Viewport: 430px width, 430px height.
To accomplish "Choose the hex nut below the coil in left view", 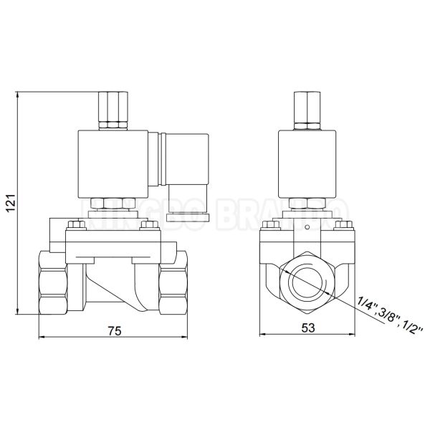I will [x=113, y=205].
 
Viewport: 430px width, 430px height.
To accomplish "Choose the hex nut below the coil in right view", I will [x=306, y=205].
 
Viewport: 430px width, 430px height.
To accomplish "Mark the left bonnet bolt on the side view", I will [x=75, y=227].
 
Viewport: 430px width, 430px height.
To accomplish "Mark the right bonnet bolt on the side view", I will [x=149, y=227].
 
